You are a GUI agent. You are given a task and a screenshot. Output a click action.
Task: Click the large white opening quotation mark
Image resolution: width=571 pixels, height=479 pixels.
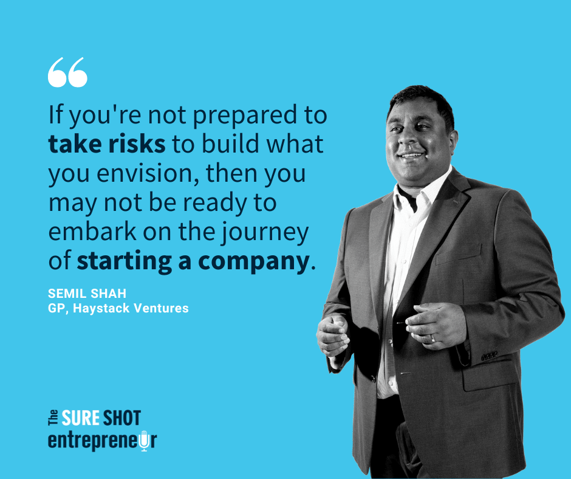(x=68, y=72)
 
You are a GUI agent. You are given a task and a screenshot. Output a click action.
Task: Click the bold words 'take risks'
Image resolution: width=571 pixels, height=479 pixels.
(x=107, y=144)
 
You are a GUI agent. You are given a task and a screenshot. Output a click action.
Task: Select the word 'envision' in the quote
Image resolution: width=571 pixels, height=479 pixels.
(x=144, y=173)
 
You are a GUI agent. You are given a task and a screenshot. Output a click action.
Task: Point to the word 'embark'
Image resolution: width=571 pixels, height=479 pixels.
(x=92, y=232)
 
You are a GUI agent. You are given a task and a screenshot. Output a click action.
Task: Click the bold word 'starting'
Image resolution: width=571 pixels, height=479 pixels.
(x=124, y=262)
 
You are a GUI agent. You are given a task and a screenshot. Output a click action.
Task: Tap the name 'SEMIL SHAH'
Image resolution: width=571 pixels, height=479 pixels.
(x=87, y=294)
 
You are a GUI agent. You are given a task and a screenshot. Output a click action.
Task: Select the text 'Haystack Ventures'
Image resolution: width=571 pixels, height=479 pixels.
(x=131, y=308)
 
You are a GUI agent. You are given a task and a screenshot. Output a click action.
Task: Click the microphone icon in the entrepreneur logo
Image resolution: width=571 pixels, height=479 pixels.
(x=144, y=440)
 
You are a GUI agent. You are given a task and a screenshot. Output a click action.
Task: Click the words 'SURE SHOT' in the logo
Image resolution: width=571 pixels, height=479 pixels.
(x=101, y=418)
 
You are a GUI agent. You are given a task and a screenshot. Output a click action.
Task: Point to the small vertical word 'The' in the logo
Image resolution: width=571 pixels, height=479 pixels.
(x=53, y=418)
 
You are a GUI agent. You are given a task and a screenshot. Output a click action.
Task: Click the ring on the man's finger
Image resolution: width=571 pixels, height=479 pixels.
(x=433, y=339)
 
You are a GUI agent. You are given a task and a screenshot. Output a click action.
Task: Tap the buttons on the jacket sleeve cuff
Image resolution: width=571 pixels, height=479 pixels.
(x=489, y=356)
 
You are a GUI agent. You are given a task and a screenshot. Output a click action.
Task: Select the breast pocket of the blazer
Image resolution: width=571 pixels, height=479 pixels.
(x=459, y=254)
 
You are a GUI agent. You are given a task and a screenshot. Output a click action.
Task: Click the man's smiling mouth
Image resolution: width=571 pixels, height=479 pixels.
(x=411, y=155)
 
